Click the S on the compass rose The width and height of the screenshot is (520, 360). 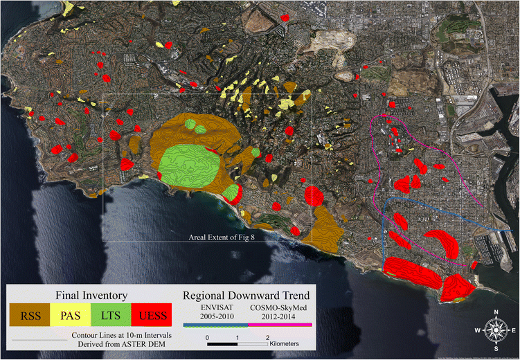pyautogui.click(x=494, y=347)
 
